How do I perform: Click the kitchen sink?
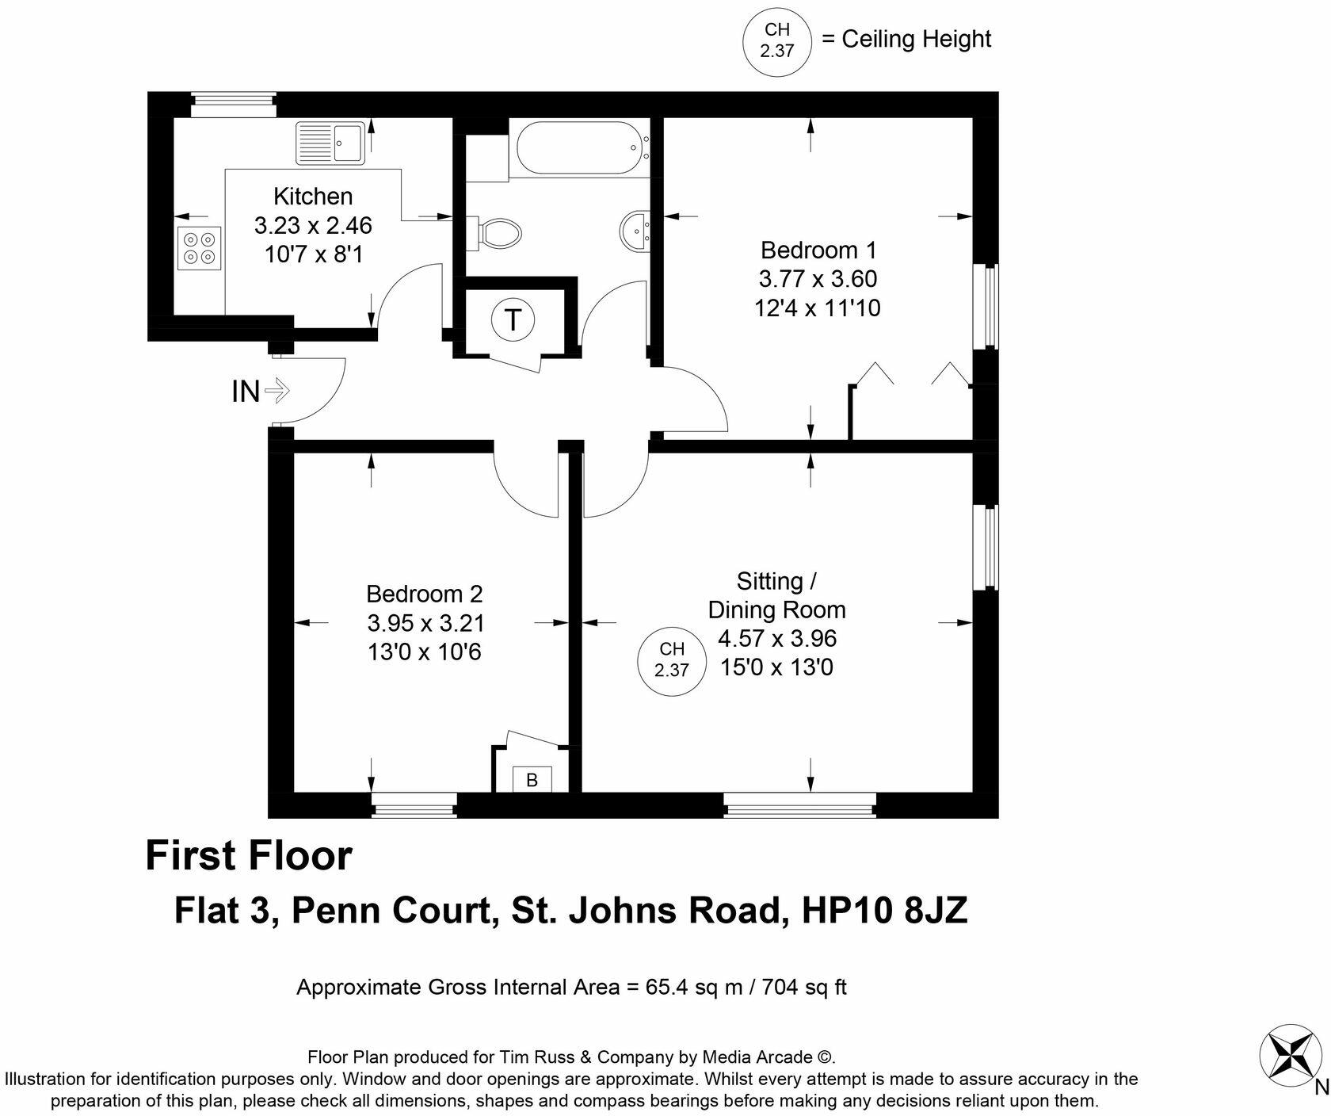pos(330,143)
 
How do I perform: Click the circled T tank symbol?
pos(513,320)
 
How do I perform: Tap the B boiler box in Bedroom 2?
pos(532,780)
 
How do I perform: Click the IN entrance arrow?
pos(277,390)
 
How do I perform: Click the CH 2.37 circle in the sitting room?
pos(671,661)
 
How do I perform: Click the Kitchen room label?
pos(313,196)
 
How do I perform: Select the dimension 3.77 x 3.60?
pos(818,279)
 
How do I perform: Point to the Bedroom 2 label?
pos(425,594)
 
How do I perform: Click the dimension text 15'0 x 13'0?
pos(776,667)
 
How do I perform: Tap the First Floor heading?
pos(249,856)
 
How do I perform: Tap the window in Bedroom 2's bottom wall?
pos(414,805)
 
